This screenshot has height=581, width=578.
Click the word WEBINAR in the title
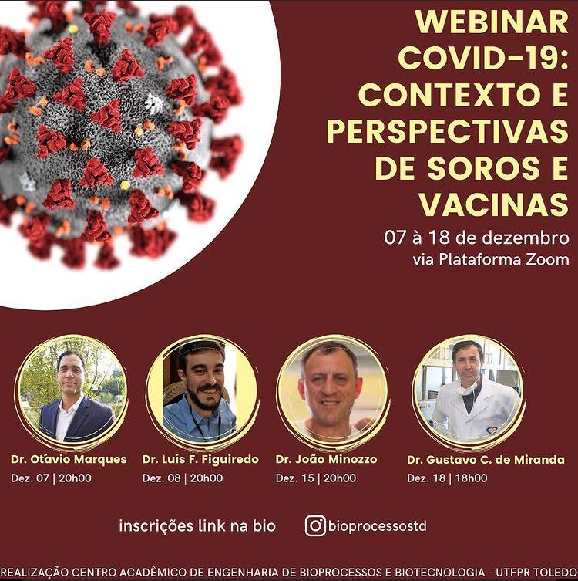point(492,22)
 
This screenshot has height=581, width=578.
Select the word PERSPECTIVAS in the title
point(448,131)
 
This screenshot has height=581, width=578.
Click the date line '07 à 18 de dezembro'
point(476,238)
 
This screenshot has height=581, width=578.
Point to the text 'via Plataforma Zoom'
point(491,259)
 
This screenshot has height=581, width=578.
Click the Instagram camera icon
point(315,525)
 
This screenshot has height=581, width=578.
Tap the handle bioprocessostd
point(378,525)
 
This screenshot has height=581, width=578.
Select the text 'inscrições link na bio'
point(197,525)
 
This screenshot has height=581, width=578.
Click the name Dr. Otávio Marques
point(69,459)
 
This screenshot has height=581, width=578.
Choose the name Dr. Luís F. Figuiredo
point(200,459)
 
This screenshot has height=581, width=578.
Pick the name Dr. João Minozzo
point(326,459)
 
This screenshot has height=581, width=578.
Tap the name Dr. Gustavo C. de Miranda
point(486,460)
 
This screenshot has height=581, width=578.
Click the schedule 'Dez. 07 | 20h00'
point(51,478)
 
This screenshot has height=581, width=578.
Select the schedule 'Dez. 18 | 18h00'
point(447,478)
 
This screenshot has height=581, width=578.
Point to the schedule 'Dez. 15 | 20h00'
point(316,478)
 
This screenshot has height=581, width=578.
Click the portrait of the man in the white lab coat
point(468,392)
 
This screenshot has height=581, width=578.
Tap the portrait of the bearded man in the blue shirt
point(203,392)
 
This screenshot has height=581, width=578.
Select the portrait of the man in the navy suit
point(71,392)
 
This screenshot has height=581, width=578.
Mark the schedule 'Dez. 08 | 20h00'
point(183,478)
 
